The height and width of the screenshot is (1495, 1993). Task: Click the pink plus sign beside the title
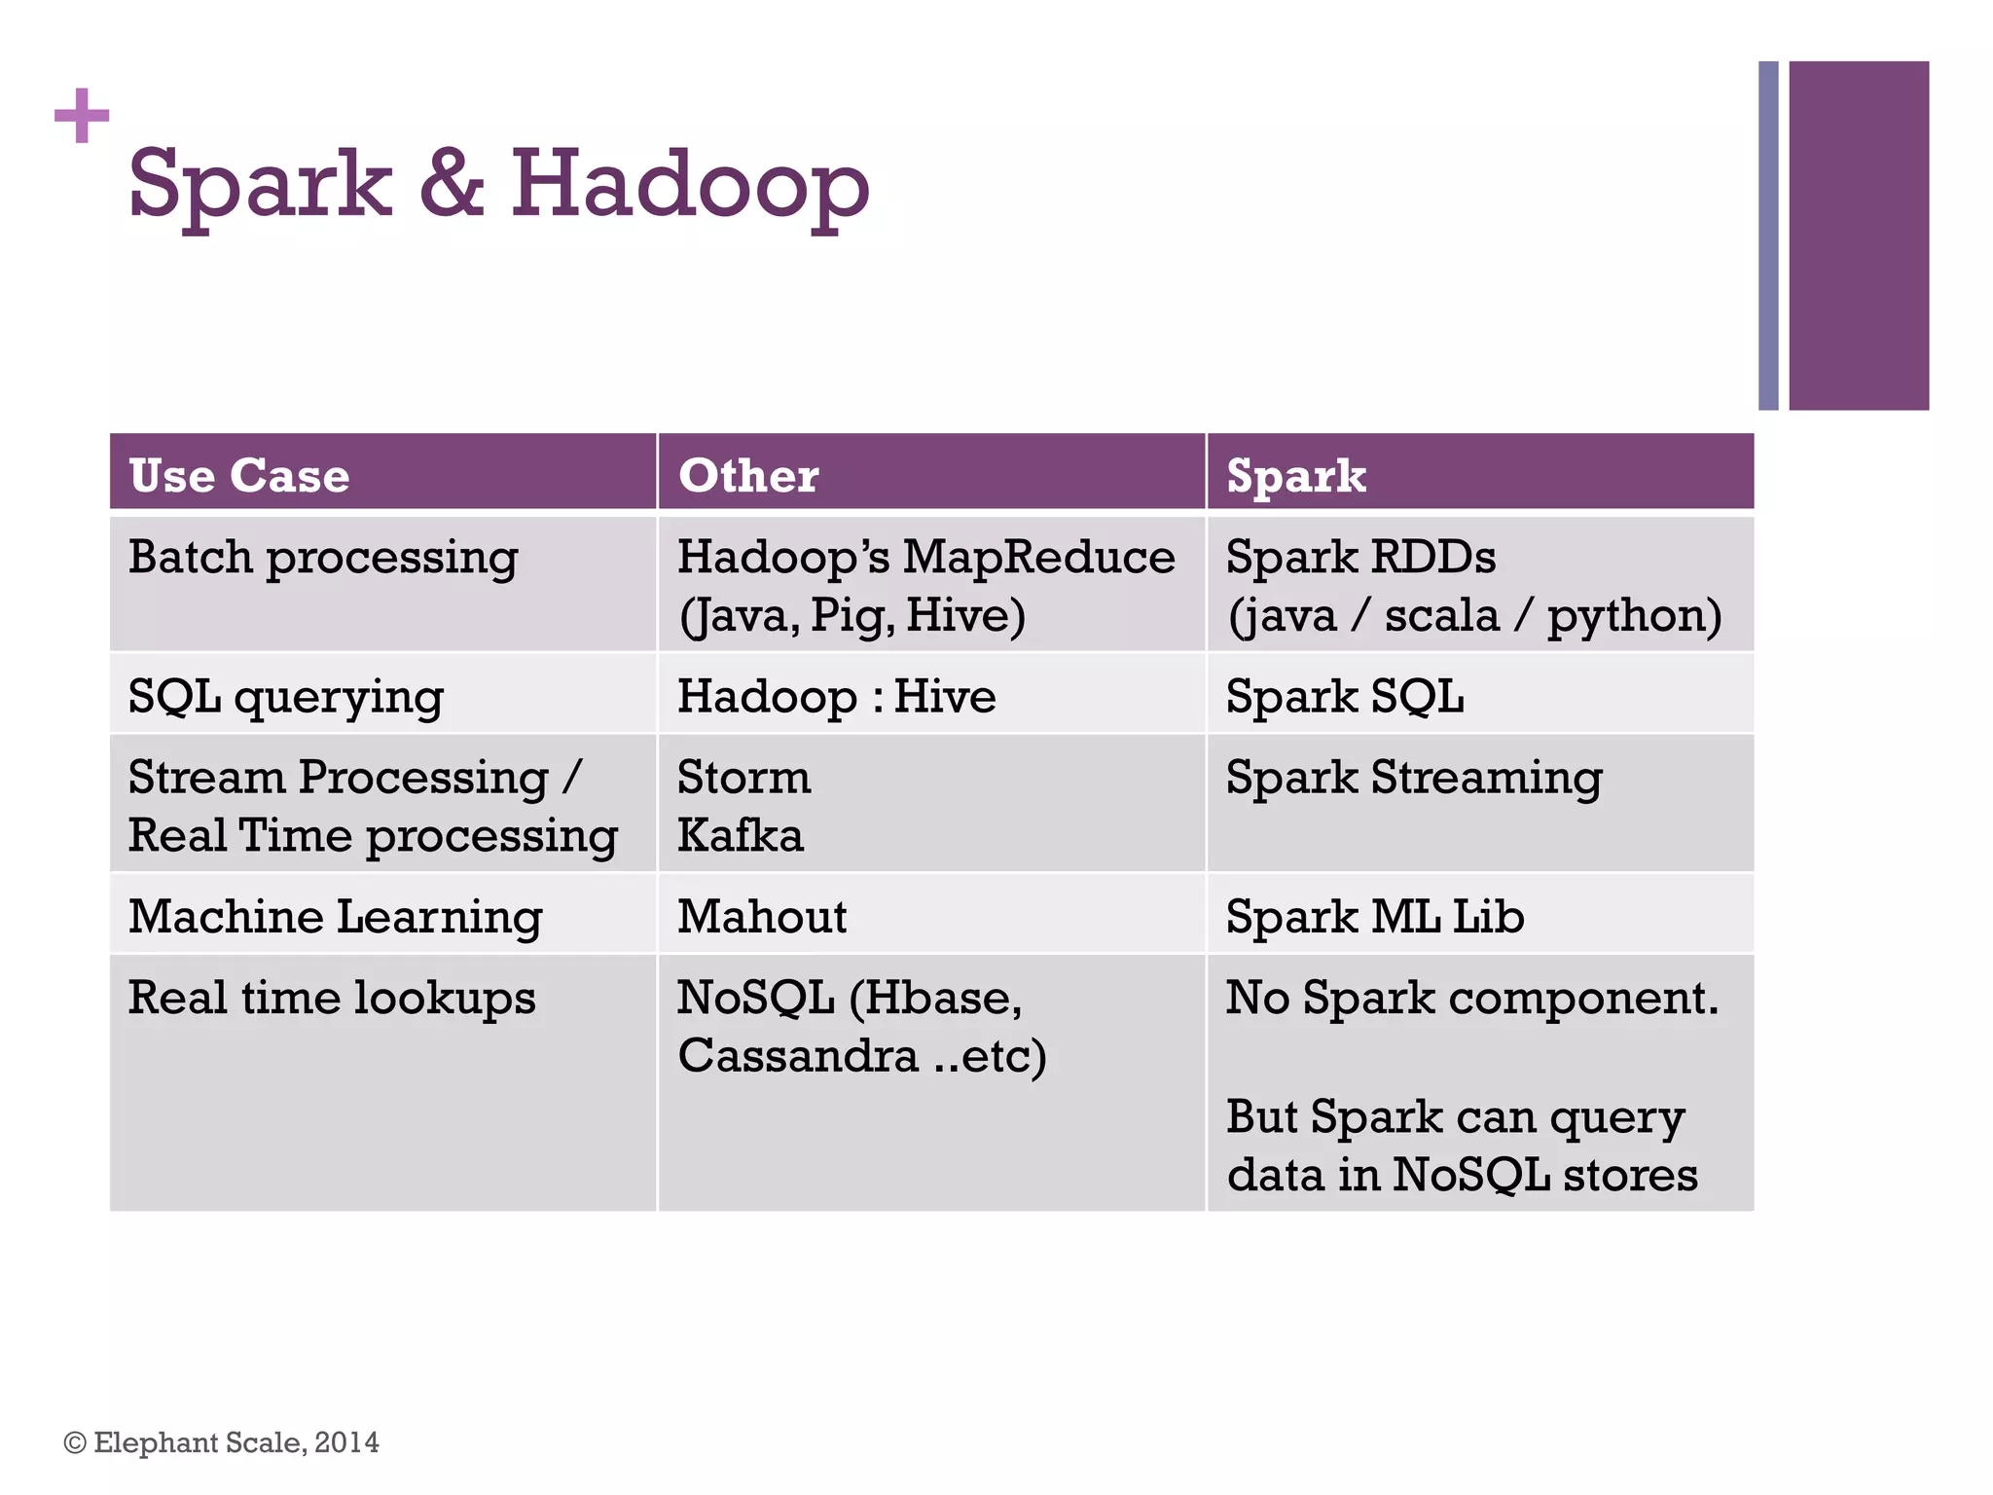pyautogui.click(x=82, y=116)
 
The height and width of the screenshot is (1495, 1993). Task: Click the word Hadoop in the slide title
pyautogui.click(x=689, y=185)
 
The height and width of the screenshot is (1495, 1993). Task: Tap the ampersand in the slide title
pyautogui.click(x=451, y=185)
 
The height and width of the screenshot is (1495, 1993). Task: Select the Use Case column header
pyautogui.click(x=239, y=476)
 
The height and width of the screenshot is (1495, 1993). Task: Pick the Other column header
pyautogui.click(x=748, y=476)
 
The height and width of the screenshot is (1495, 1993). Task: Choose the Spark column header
pyautogui.click(x=1295, y=476)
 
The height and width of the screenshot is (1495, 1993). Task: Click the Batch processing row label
pyautogui.click(x=323, y=559)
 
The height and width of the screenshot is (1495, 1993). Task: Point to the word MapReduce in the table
pyautogui.click(x=1038, y=558)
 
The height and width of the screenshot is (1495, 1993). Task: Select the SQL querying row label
pyautogui.click(x=286, y=698)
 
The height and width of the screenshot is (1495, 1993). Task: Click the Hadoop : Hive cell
pyautogui.click(x=836, y=697)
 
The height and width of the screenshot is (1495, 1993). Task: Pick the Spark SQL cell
pyautogui.click(x=1344, y=697)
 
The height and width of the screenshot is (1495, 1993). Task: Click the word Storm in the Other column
pyautogui.click(x=743, y=778)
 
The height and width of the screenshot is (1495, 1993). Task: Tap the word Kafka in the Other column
pyautogui.click(x=741, y=836)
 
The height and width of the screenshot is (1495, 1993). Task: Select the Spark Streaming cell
pyautogui.click(x=1413, y=779)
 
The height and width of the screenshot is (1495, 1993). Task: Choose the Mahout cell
pyautogui.click(x=762, y=917)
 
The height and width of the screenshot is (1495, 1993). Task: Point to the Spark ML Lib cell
pyautogui.click(x=1374, y=917)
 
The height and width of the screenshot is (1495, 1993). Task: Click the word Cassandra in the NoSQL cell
pyautogui.click(x=798, y=1056)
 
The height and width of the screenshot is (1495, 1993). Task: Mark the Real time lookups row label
pyautogui.click(x=332, y=999)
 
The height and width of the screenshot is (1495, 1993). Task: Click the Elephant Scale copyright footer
pyautogui.click(x=222, y=1442)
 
